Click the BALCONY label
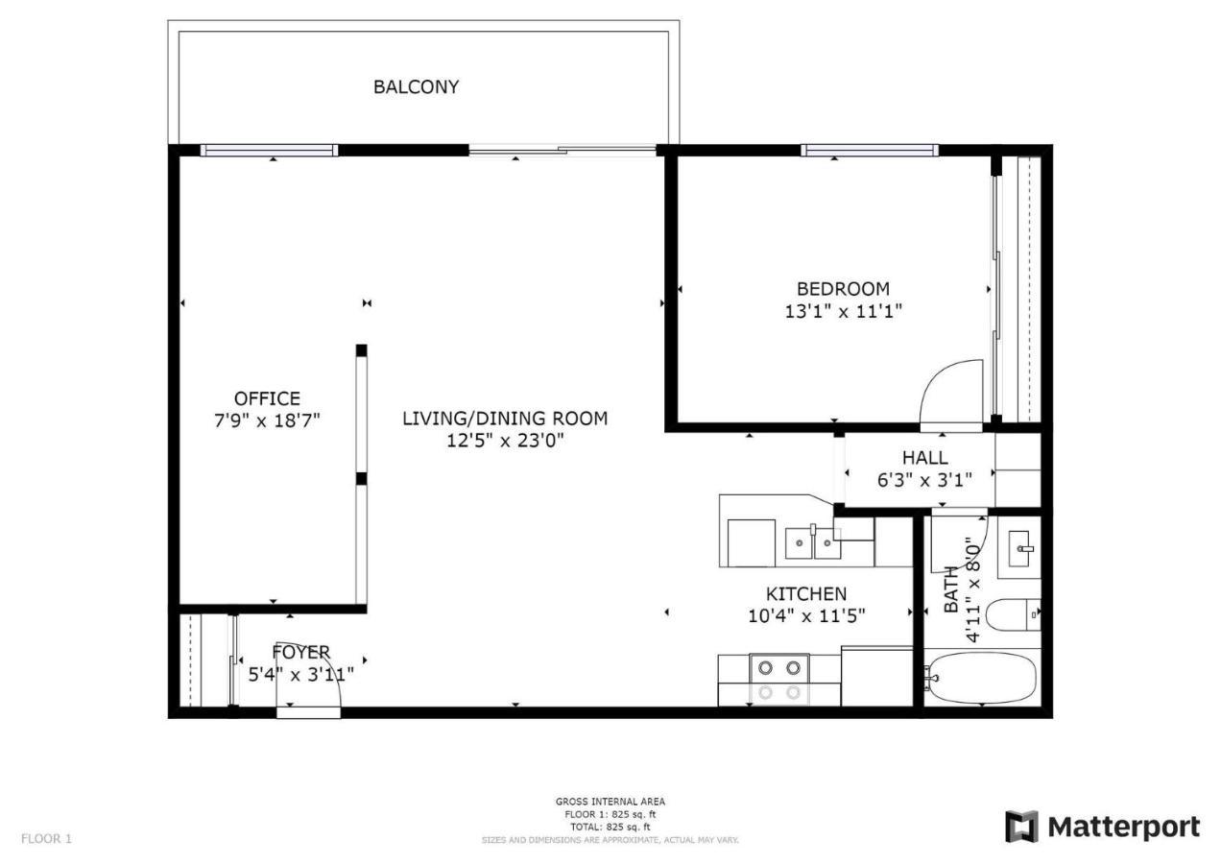[x=416, y=86]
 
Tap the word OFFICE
[x=267, y=398]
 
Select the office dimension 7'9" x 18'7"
[x=267, y=420]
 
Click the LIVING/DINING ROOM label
[x=505, y=419]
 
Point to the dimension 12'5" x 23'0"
[x=505, y=441]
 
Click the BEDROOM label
[x=843, y=288]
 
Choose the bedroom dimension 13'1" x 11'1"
[x=843, y=311]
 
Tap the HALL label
[x=925, y=457]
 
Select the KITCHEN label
[x=806, y=593]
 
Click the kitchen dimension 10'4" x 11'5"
[x=806, y=616]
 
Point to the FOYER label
[x=300, y=652]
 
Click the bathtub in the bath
[x=982, y=679]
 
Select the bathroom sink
[x=1019, y=548]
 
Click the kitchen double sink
[x=813, y=543]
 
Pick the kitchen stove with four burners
[x=779, y=680]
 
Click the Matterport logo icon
[x=1021, y=826]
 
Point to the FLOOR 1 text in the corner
[x=46, y=838]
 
